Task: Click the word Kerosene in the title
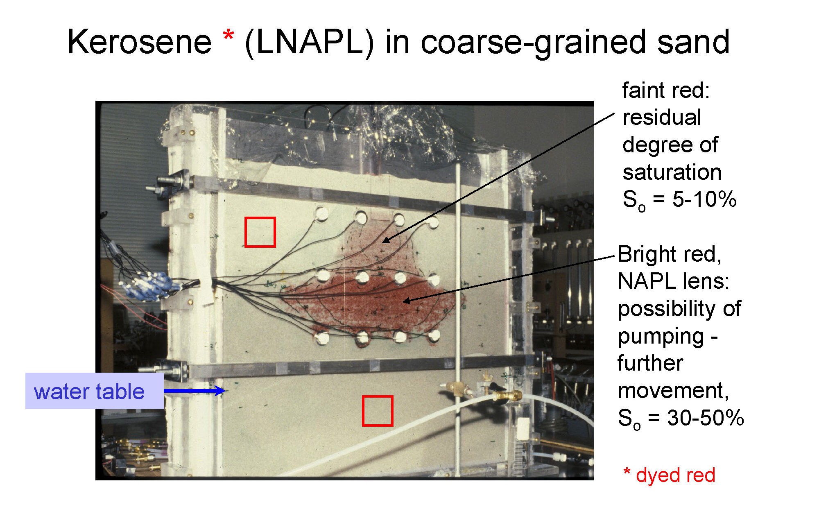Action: (x=139, y=42)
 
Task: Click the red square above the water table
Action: (x=260, y=232)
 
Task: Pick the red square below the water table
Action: (x=378, y=411)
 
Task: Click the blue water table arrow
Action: (x=195, y=391)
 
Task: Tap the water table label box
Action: (x=95, y=391)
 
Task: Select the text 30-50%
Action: (x=705, y=418)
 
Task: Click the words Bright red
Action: (x=670, y=254)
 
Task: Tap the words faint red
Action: (x=666, y=90)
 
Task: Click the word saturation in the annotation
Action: (x=672, y=172)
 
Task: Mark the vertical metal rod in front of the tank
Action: (x=458, y=319)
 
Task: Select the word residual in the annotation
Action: (x=662, y=118)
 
